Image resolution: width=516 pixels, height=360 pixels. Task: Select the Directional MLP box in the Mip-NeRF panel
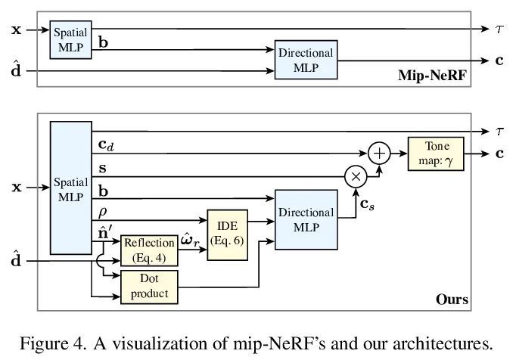306,62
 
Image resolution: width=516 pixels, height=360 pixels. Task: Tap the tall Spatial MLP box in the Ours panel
70,189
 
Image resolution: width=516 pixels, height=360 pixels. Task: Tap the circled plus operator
379,154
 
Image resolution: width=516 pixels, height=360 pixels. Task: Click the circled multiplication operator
355,178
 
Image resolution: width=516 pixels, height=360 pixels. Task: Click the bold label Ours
451,301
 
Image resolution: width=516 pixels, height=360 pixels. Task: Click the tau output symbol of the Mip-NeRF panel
499,29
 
